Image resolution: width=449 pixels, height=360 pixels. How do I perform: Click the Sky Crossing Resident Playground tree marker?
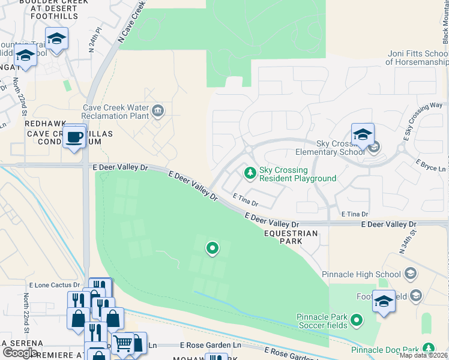point(250,173)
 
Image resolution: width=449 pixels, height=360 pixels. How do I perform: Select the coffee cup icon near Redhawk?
point(74,136)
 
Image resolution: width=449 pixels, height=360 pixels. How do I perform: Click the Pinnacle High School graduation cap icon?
point(411,274)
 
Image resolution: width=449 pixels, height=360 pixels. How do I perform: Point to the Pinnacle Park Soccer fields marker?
point(357,321)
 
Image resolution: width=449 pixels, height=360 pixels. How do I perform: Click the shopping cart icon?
point(123,344)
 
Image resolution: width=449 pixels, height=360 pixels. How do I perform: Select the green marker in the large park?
point(212,247)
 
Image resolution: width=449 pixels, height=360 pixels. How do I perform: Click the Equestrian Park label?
point(291,237)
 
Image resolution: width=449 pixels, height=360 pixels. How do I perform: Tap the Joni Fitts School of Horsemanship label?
point(417,58)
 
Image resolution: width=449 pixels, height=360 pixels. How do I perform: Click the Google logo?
point(20,353)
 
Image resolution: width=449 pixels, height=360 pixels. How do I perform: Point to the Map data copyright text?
point(424,355)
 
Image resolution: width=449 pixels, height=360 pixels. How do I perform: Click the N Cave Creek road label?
point(132,21)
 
